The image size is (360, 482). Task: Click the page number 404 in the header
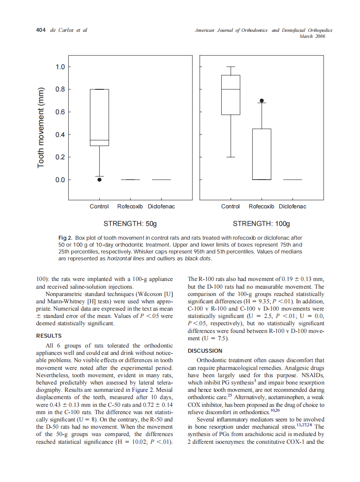(41, 30)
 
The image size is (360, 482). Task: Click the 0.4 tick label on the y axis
(60, 134)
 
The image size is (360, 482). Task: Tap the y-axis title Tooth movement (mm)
(41, 128)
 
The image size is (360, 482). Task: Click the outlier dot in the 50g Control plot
(99, 180)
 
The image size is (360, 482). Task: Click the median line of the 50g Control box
(99, 140)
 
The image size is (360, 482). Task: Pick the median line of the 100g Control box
(231, 89)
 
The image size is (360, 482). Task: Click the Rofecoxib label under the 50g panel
(130, 207)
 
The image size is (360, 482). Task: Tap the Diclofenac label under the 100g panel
(293, 207)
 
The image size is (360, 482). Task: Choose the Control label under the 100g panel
(230, 207)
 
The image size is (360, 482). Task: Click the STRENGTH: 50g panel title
(130, 224)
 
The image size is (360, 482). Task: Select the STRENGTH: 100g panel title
(261, 224)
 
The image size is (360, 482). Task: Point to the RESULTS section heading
(49, 336)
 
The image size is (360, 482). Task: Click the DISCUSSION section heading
(205, 351)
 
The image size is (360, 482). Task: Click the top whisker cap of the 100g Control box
(231, 67)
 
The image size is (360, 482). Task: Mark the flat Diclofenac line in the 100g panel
(293, 180)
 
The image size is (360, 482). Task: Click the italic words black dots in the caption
(198, 259)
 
